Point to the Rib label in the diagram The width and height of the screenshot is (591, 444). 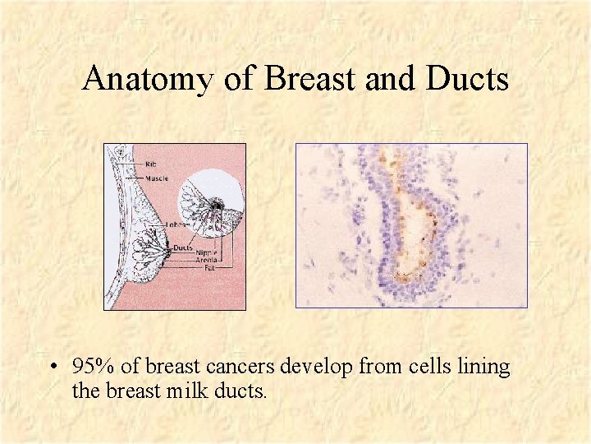149,164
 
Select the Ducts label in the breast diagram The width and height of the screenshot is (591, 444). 182,246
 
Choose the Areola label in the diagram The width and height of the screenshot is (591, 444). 207,260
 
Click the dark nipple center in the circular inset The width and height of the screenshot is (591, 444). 217,203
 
